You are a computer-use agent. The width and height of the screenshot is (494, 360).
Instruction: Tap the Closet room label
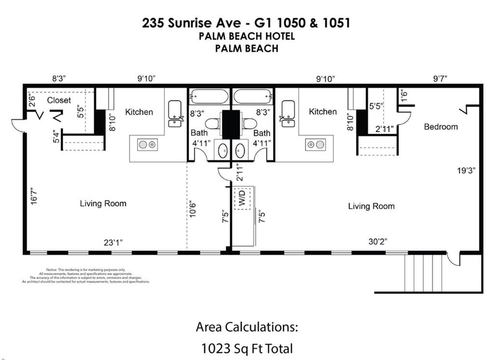click(59, 100)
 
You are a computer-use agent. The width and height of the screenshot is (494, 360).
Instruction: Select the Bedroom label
click(440, 126)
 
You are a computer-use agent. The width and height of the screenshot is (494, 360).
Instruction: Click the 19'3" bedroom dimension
click(467, 170)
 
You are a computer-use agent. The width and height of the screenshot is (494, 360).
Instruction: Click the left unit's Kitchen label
click(139, 112)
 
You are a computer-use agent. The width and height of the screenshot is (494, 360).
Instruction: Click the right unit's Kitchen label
click(323, 111)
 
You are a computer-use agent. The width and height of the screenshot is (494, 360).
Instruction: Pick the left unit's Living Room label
click(103, 204)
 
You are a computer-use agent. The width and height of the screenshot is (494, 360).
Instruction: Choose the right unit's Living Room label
click(371, 206)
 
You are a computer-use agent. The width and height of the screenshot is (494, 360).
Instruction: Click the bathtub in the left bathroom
click(208, 97)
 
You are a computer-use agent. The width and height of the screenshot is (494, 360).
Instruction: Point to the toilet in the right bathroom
click(250, 124)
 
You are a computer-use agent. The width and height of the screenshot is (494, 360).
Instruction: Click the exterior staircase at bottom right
click(423, 273)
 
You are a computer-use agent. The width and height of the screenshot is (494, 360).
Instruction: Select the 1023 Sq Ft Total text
click(247, 348)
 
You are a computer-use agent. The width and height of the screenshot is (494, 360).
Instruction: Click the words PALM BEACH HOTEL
click(247, 36)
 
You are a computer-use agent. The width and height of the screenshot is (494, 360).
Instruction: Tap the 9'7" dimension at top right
click(440, 79)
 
